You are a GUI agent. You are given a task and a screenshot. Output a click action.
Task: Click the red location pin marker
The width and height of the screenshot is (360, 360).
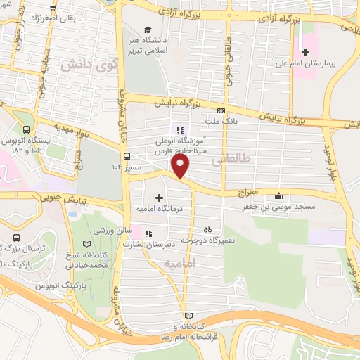coord(180,167)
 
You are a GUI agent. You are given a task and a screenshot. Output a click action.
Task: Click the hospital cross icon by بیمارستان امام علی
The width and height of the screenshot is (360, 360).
coord(305,52)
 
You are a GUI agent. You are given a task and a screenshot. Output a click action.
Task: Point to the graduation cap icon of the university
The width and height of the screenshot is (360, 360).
coord(148,30)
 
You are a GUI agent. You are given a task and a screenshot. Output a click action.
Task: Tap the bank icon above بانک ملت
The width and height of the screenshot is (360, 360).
coord(222,110)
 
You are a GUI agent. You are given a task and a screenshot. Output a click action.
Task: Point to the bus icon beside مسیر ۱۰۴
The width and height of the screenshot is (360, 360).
coord(127,157)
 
